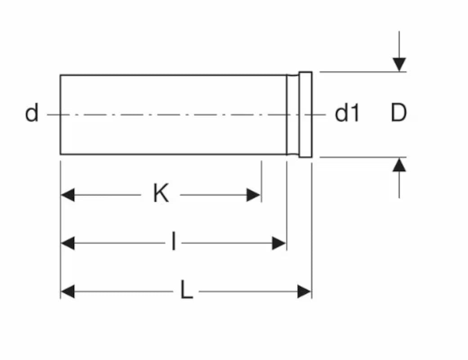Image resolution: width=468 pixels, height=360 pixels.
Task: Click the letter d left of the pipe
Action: [x=31, y=113]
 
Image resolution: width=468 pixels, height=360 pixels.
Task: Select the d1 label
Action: [x=347, y=113]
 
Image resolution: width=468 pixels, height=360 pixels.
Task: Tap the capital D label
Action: [x=399, y=113]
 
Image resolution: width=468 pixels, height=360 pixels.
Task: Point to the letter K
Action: [x=161, y=194]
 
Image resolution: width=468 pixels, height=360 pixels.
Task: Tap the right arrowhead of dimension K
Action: [x=254, y=195]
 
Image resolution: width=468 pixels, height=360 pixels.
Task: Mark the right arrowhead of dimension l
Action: [x=279, y=243]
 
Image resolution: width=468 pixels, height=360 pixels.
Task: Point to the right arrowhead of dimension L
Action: [x=304, y=292]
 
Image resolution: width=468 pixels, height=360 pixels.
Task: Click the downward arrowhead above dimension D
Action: [x=399, y=64]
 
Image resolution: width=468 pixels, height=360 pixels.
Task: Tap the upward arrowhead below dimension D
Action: [x=399, y=165]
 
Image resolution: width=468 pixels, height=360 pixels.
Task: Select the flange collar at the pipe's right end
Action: [x=306, y=114]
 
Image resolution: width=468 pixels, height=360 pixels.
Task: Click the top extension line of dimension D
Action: [x=360, y=72]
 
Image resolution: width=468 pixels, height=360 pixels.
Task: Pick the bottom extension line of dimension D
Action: [x=360, y=157]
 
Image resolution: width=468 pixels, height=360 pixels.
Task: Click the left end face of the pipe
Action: [x=60, y=114]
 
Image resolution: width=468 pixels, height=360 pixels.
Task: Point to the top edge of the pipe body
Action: [x=173, y=75]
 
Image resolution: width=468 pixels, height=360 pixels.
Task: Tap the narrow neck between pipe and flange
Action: [x=293, y=114]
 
